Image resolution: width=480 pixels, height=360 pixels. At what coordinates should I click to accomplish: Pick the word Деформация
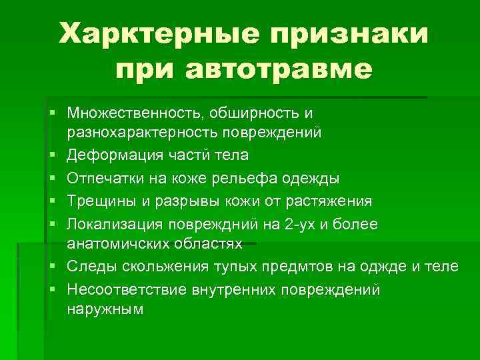111,156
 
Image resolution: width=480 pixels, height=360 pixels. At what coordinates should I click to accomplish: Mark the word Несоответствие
124,289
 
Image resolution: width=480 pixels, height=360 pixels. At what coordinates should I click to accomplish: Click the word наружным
105,309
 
